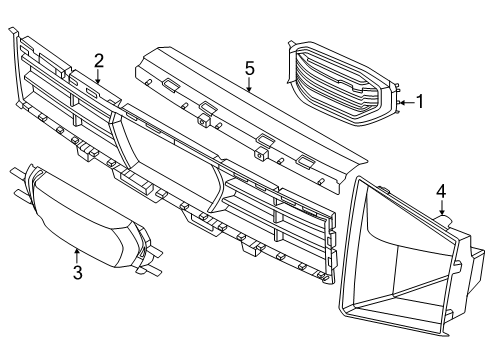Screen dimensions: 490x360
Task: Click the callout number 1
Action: (420, 101)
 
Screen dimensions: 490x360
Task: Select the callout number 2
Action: (99, 61)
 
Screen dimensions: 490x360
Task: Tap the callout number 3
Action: (78, 272)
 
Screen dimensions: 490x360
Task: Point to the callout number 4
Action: (441, 192)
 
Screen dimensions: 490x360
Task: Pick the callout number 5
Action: (249, 68)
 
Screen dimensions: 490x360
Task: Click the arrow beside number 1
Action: (407, 102)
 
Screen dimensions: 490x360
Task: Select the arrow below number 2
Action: (98, 76)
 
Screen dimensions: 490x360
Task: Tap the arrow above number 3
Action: (77, 256)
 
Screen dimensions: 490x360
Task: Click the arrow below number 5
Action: (249, 84)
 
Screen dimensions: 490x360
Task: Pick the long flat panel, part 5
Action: (251, 117)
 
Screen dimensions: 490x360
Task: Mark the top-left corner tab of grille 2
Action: (13, 31)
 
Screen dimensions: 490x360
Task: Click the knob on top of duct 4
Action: (444, 220)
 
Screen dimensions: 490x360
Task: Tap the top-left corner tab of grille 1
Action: (292, 44)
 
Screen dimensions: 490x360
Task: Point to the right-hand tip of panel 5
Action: (367, 163)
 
